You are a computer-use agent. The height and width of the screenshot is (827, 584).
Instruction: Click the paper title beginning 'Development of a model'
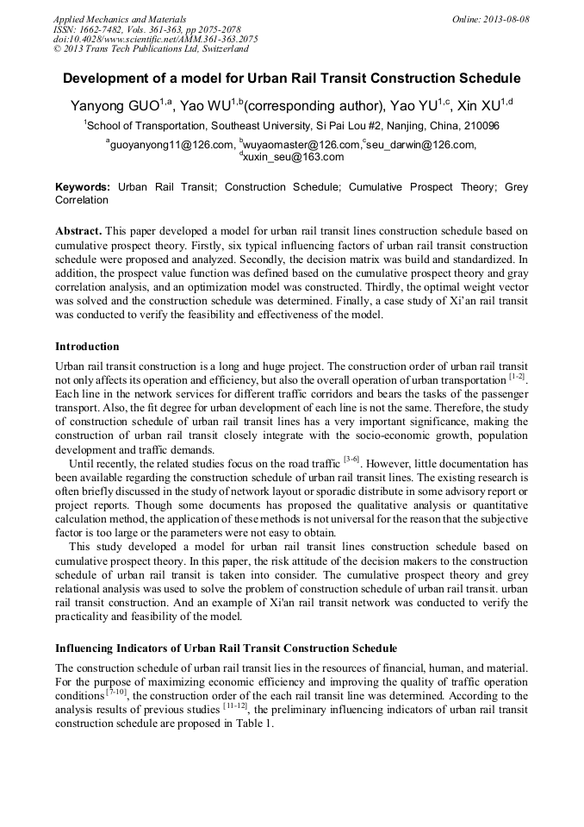pyautogui.click(x=291, y=78)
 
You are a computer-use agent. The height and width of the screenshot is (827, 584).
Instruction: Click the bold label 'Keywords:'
pyautogui.click(x=83, y=186)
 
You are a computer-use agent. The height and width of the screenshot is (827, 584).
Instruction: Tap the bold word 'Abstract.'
pyautogui.click(x=79, y=232)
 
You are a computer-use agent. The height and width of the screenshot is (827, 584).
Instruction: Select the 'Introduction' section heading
pyautogui.click(x=87, y=347)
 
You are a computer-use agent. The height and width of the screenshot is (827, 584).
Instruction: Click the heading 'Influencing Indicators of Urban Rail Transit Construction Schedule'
pyautogui.click(x=226, y=648)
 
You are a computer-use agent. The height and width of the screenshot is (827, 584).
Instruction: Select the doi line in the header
pyautogui.click(x=155, y=39)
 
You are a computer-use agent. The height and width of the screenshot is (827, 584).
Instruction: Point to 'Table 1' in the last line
pyautogui.click(x=254, y=724)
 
